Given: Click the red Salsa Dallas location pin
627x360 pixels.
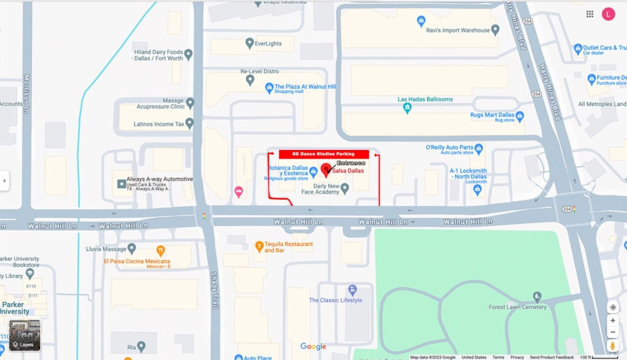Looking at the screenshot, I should pyautogui.click(x=325, y=168).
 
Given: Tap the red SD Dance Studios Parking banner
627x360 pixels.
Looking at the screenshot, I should pyautogui.click(x=324, y=154).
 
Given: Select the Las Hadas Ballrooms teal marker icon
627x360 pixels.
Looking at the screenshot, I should pyautogui.click(x=407, y=108).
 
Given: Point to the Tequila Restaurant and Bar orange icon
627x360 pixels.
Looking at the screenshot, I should pyautogui.click(x=259, y=247).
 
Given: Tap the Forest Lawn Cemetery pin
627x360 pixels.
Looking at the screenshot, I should pyautogui.click(x=537, y=297).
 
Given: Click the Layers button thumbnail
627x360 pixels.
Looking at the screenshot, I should pyautogui.click(x=24, y=335).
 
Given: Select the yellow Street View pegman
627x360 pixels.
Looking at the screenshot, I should pyautogui.click(x=612, y=346).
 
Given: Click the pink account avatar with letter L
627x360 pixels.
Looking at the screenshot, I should pyautogui.click(x=608, y=14).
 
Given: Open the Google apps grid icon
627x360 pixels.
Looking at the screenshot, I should pyautogui.click(x=590, y=14).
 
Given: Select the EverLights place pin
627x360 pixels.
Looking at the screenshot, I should pyautogui.click(x=249, y=43).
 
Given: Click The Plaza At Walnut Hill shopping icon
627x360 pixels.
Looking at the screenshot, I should pyautogui.click(x=269, y=89).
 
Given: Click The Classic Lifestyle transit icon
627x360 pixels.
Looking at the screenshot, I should pyautogui.click(x=352, y=290).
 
